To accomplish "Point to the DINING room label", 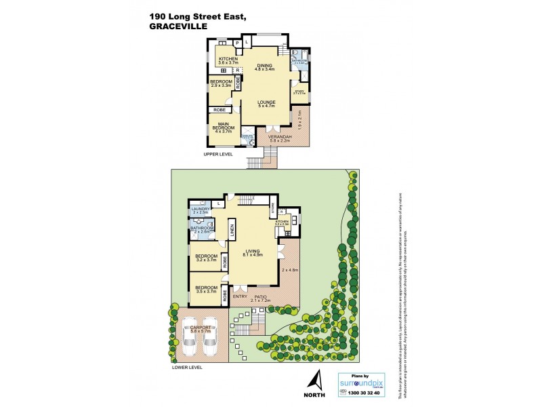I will pos(264,65).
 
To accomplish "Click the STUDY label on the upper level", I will pos(299,90).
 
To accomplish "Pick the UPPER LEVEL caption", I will pos(218,155).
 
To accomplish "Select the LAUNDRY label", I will pos(201,209).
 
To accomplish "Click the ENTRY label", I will pos(240,296).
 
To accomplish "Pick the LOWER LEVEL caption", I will pos(188,367).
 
